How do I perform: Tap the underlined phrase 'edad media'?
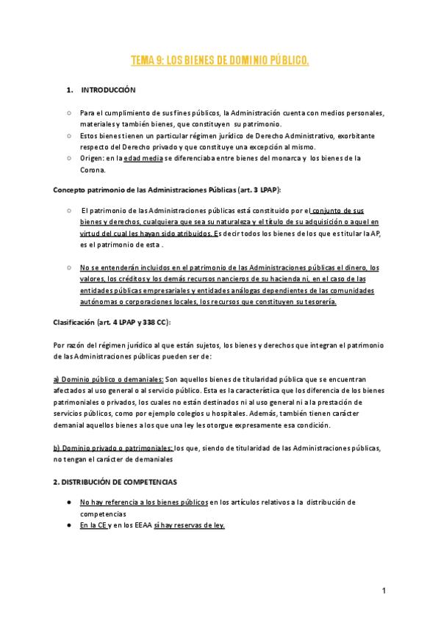pyautogui.click(x=143, y=158)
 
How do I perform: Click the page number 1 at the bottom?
pyautogui.click(x=384, y=591)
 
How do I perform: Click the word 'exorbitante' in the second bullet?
pyautogui.click(x=359, y=136)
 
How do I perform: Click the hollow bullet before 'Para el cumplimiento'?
pyautogui.click(x=68, y=114)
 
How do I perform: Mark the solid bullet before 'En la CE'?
pyautogui.click(x=68, y=525)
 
